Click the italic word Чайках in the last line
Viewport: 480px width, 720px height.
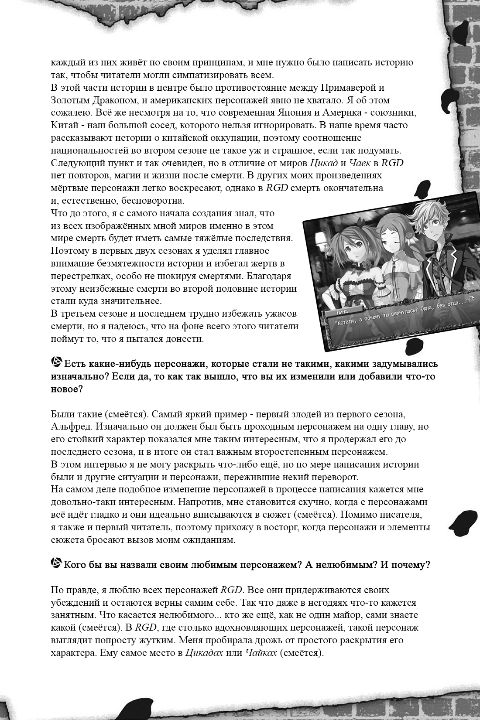261,653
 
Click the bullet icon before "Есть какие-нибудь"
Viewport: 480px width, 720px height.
56,362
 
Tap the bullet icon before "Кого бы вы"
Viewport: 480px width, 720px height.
56,564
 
